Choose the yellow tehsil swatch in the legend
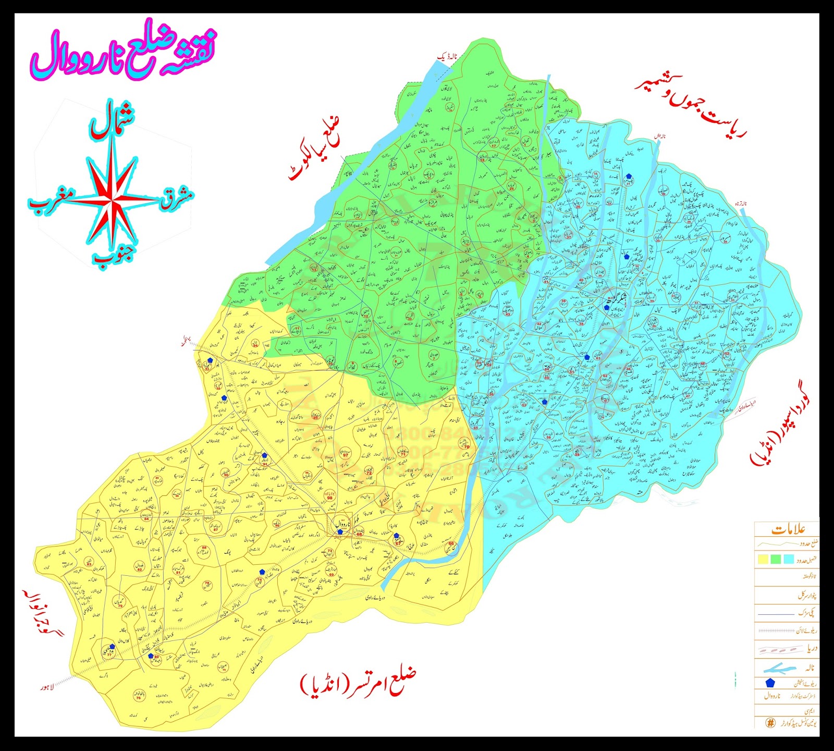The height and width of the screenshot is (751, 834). coord(764,559)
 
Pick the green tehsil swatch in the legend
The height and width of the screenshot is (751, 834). coord(776,559)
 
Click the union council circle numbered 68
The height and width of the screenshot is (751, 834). coord(359,534)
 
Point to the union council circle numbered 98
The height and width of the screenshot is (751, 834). coord(329,496)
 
